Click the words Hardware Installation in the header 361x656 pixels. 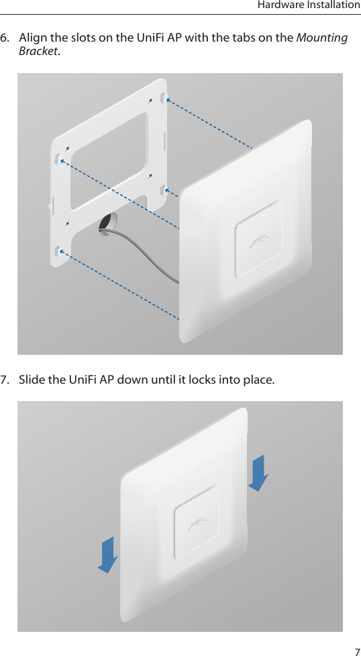click(x=309, y=6)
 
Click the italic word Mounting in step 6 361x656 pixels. click(x=322, y=38)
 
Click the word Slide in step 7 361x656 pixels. click(x=32, y=380)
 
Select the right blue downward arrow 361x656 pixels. click(x=258, y=473)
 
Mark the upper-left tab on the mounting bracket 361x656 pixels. click(x=56, y=158)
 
